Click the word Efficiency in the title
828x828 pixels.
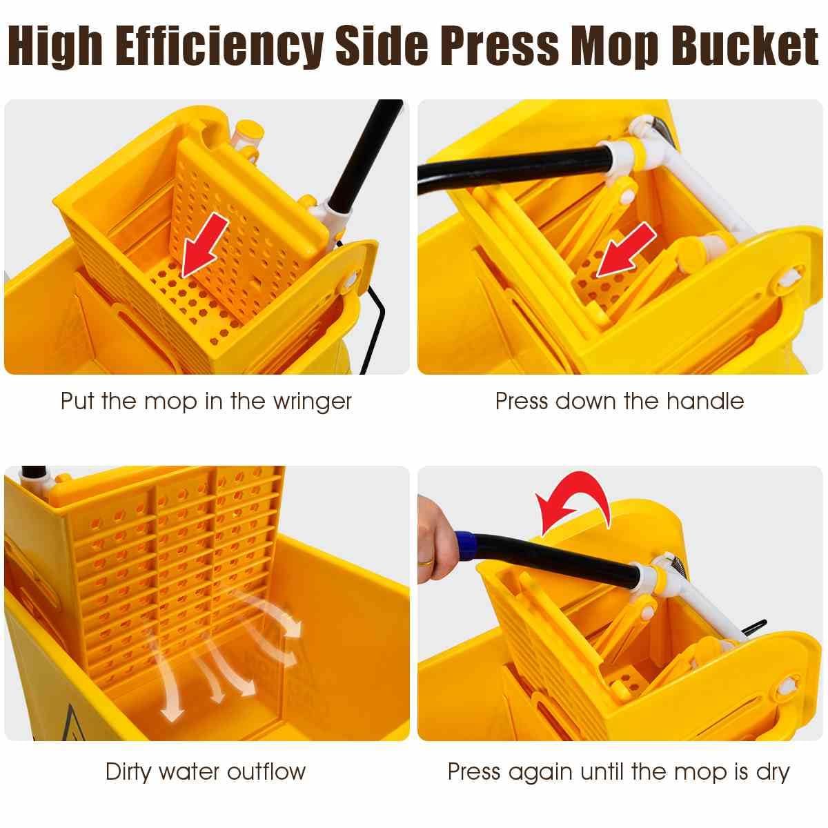coord(219,46)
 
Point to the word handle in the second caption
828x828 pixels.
coord(705,401)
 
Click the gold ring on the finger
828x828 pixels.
coord(426,561)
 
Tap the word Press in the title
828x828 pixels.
coord(500,46)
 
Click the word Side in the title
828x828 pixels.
coord(382,46)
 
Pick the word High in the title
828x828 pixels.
coord(55,46)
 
